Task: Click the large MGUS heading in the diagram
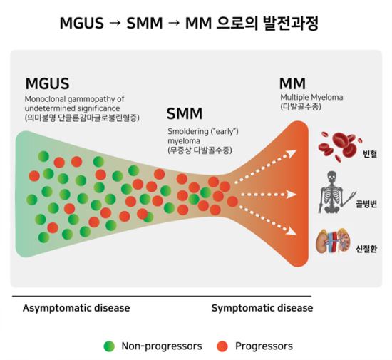(47, 83)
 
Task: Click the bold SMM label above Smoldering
(185, 113)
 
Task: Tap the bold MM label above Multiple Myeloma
(292, 83)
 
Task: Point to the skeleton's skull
(331, 177)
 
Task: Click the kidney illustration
(333, 242)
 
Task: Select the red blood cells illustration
(340, 146)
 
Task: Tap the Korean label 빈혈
(370, 153)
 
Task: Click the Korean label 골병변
(366, 205)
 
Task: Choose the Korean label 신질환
(366, 249)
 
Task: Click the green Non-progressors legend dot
(109, 346)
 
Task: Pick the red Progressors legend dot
(222, 346)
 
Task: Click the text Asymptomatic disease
(76, 308)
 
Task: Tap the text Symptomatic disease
(262, 308)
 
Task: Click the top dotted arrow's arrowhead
(292, 153)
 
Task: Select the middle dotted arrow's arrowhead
(292, 194)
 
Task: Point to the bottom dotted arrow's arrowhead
(292, 232)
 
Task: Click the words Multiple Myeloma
(311, 97)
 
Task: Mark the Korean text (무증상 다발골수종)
(200, 150)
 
